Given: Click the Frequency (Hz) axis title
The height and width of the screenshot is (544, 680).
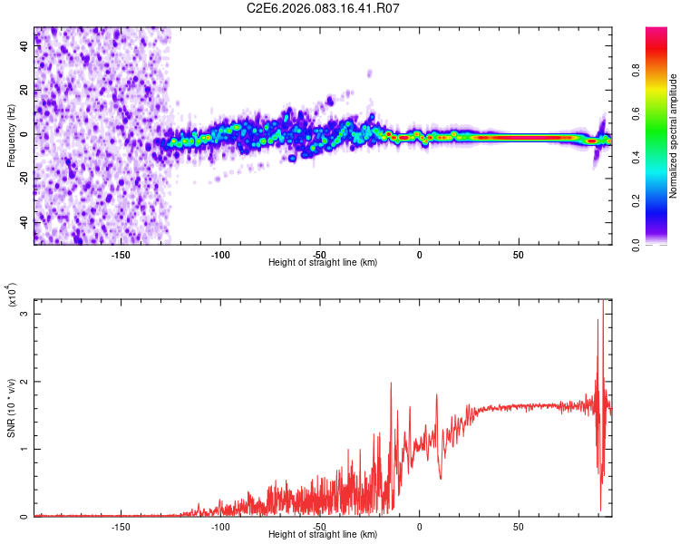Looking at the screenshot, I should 11,135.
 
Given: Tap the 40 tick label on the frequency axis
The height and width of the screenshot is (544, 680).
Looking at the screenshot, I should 24,46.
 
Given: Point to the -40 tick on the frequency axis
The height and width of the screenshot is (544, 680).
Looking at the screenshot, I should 24,222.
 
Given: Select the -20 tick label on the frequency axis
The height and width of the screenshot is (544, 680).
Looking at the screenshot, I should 24,179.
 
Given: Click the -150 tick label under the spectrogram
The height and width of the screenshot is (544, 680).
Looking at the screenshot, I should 121,255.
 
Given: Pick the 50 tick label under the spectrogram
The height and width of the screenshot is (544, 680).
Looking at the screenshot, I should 519,255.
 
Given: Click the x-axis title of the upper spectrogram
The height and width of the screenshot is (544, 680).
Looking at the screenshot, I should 323,263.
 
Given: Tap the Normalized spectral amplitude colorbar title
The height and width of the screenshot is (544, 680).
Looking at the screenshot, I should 673,136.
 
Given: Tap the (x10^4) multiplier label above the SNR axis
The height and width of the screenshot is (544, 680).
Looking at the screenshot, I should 13,296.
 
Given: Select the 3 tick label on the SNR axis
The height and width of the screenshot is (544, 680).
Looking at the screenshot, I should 24,314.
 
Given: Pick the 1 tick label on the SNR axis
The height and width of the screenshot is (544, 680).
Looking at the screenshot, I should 24,449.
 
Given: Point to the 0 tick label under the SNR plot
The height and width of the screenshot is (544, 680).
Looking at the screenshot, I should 419,527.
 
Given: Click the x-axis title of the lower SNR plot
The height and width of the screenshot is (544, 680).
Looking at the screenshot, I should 323,535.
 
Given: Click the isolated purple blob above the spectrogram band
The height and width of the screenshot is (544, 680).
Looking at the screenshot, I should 369,73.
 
